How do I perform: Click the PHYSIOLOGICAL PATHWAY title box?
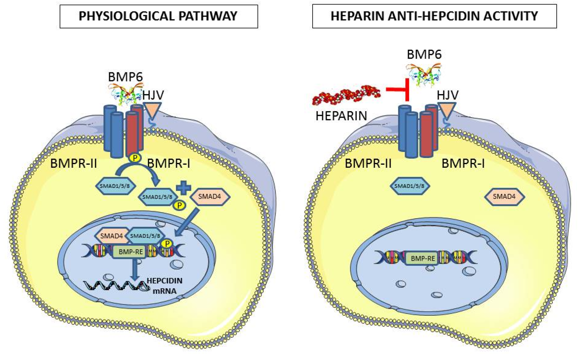tap(159, 16)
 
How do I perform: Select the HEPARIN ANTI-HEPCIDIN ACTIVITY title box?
tap(434, 16)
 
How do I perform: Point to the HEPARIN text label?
tap(341, 116)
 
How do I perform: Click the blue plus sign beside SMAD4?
tap(183, 188)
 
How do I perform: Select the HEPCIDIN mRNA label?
tap(164, 286)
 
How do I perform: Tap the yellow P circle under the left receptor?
tap(135, 158)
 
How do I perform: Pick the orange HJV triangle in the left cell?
tap(152, 110)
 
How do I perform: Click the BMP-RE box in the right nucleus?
tap(422, 259)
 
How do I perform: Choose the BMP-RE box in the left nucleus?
tap(130, 252)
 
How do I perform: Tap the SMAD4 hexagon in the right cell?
tap(504, 197)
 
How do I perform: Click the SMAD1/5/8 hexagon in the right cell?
tap(409, 186)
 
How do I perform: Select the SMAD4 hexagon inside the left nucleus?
tap(111, 236)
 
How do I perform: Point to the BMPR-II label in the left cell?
tap(74, 163)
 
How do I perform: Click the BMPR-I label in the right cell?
tap(463, 163)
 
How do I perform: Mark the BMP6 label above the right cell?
tap(424, 54)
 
